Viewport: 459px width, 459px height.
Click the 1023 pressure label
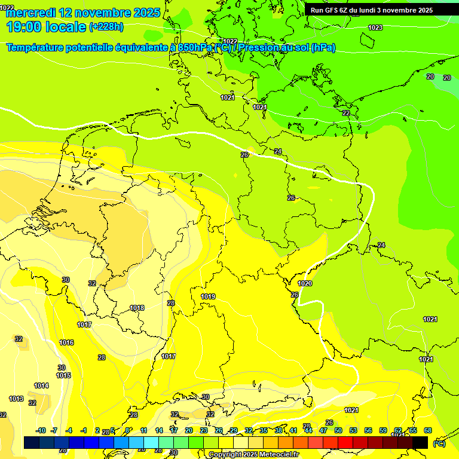coord(375,28)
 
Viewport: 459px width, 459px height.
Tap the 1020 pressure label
coord(305,283)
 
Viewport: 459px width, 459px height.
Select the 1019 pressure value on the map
coord(208,296)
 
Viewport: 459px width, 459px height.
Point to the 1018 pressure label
coord(137,308)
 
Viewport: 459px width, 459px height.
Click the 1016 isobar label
coord(66,342)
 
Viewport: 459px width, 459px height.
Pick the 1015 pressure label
coord(63,376)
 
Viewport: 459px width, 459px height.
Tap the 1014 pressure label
coord(41,386)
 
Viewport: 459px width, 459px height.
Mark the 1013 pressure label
coord(16,399)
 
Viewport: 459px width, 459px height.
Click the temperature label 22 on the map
coord(346,113)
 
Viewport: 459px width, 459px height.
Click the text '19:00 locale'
coord(46,27)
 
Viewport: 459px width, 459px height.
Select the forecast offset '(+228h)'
coord(106,27)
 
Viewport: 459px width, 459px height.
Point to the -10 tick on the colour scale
coord(41,430)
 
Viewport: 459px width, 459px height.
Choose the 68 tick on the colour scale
coord(428,430)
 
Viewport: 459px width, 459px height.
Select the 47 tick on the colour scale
coord(323,430)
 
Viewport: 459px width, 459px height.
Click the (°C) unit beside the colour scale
coord(439,443)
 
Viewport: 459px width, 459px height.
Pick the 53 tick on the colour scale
coord(353,430)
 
